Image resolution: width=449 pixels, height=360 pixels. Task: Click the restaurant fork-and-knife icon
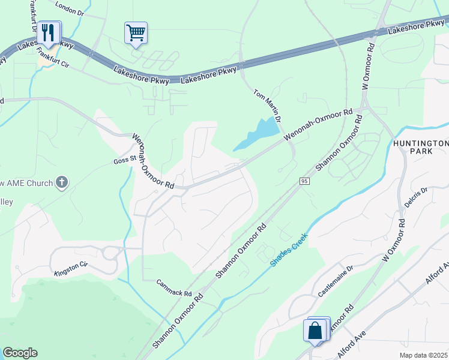[x=49, y=32]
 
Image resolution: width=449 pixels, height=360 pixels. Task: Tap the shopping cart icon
[x=136, y=32]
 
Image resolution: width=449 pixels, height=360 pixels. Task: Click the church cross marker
[x=62, y=182]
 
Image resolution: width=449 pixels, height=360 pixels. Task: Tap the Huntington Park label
[x=421, y=148]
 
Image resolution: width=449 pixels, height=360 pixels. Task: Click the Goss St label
[x=122, y=161]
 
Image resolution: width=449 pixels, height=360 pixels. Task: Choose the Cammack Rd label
[x=173, y=289]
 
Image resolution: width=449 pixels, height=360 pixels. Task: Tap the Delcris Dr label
[x=415, y=197]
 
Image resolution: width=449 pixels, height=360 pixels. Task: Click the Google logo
[x=20, y=353]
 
